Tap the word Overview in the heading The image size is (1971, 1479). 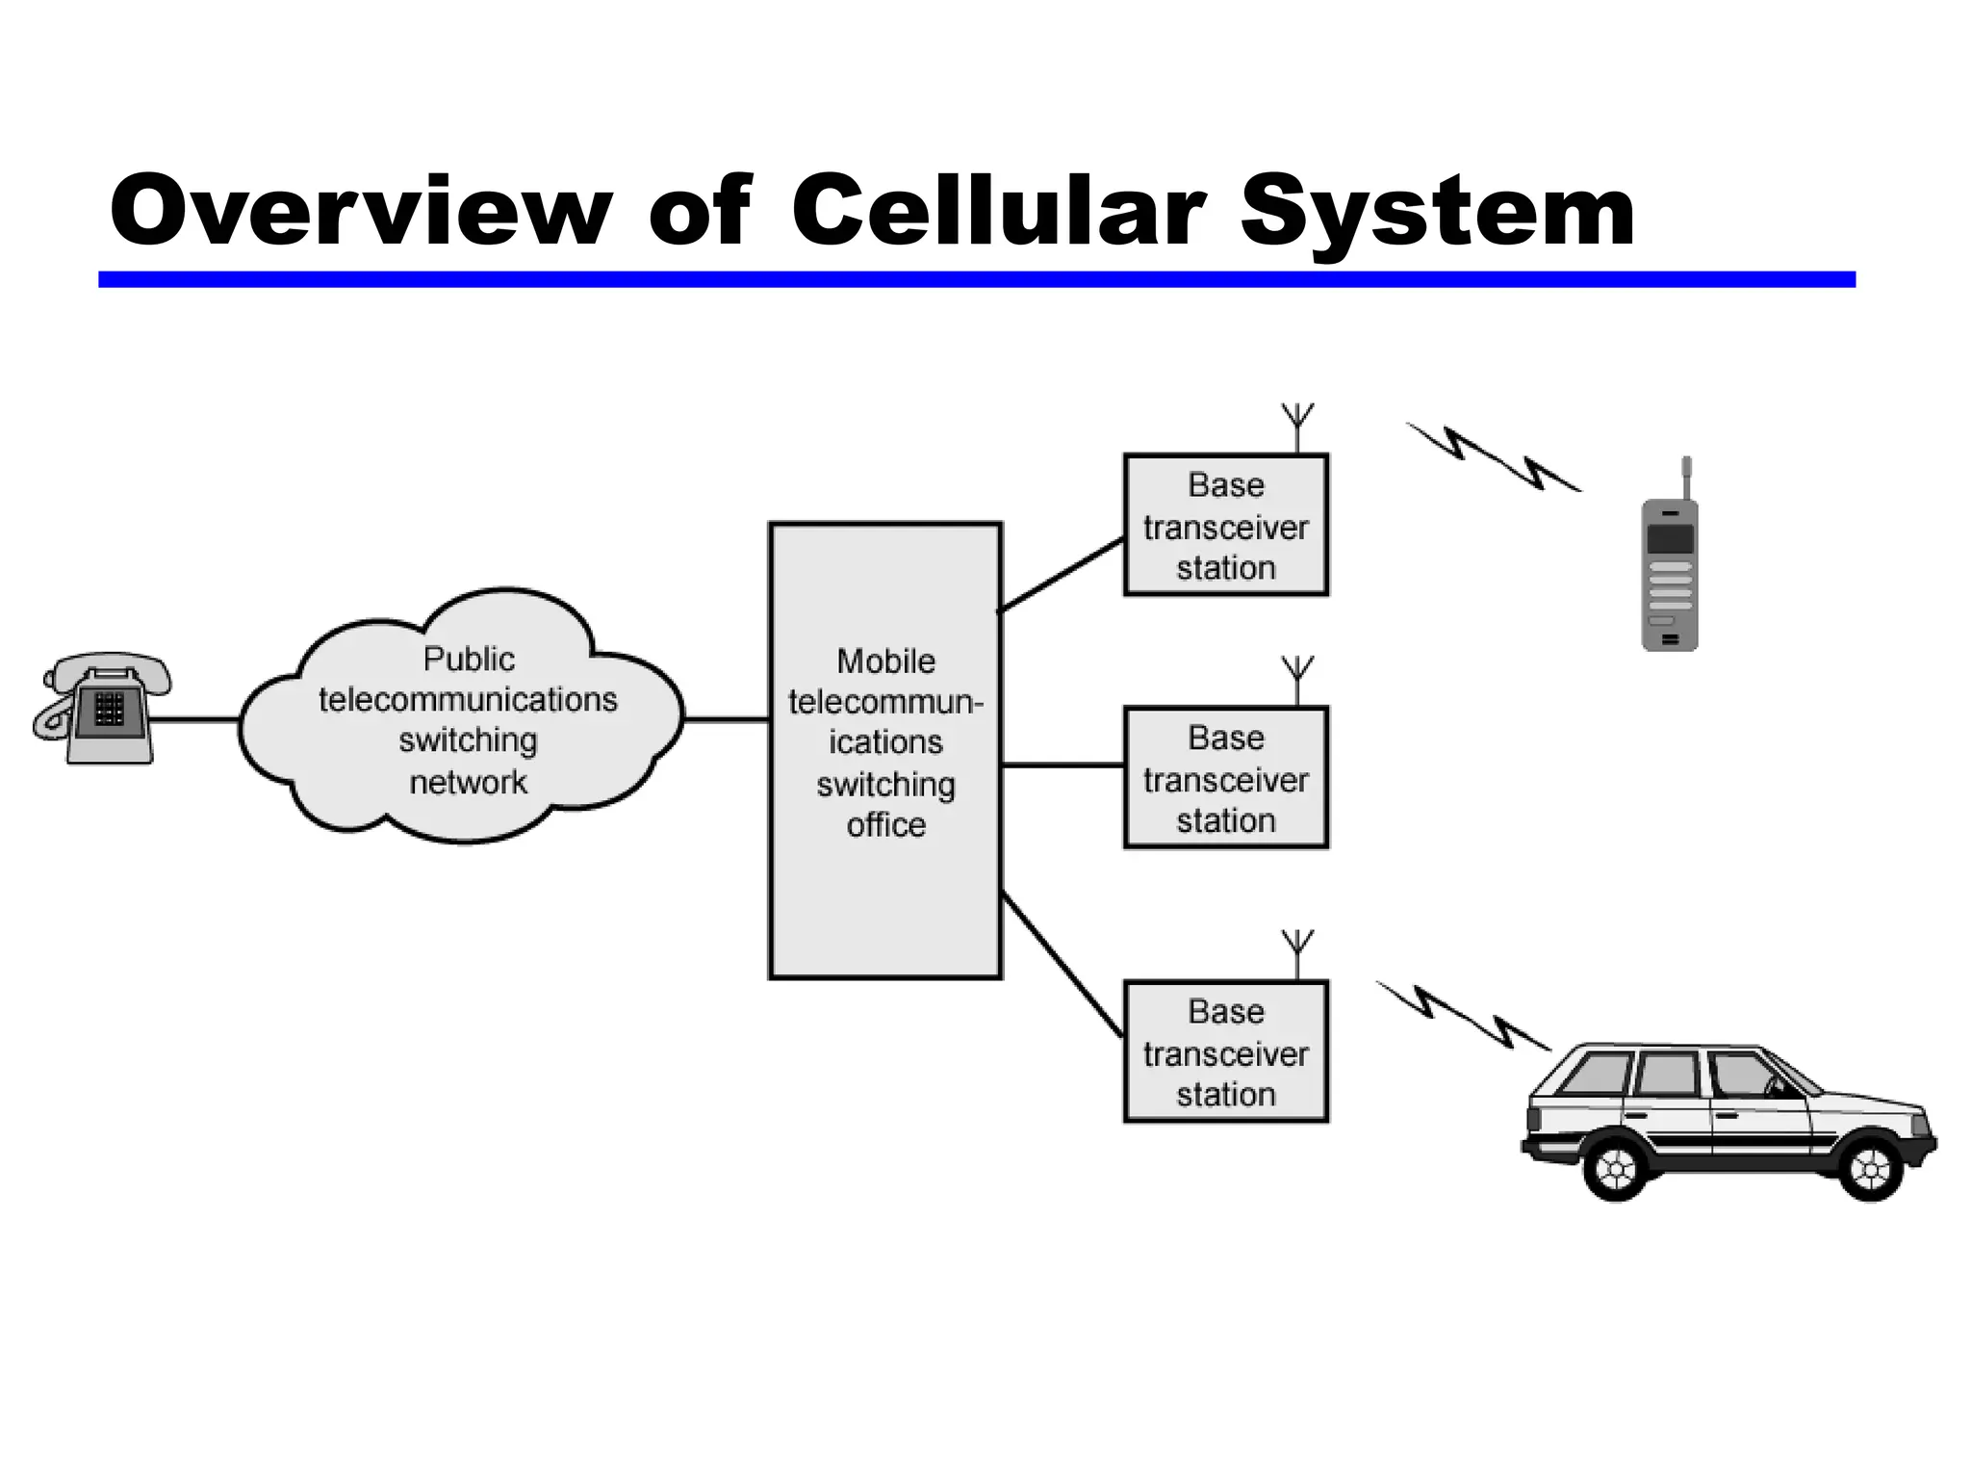coord(361,211)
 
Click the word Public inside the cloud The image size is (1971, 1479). coord(469,660)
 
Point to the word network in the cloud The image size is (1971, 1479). coord(469,782)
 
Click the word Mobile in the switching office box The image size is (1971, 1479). coord(885,662)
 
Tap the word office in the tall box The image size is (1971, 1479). coord(885,825)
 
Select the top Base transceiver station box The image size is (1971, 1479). coord(1225,526)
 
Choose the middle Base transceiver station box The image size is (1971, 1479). coord(1225,779)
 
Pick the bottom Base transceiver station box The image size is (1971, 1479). coord(1225,1052)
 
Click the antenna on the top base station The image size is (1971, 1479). coord(1297,425)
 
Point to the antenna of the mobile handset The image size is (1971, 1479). coord(1686,477)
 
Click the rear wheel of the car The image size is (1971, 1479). coord(1616,1169)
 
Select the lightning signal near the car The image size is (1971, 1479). coord(1463,1016)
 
